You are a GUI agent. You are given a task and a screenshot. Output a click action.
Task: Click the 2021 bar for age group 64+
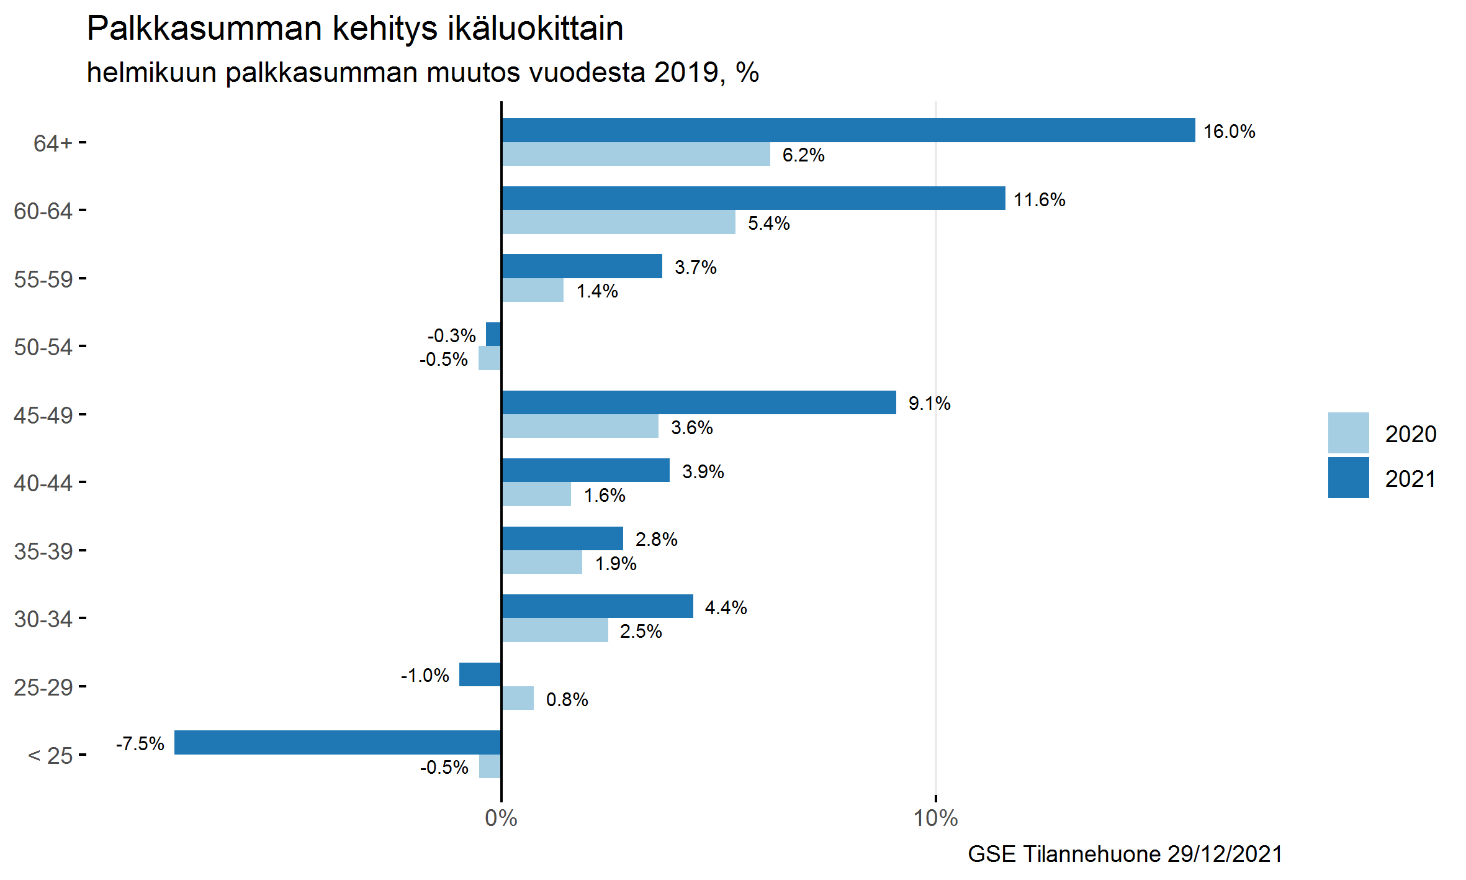tap(848, 130)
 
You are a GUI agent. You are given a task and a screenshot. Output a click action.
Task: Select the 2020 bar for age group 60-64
tap(618, 222)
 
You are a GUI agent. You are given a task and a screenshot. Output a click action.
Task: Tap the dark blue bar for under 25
tap(338, 743)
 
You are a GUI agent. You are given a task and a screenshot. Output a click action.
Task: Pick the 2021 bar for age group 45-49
tap(699, 402)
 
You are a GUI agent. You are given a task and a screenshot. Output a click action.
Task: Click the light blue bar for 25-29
tap(518, 699)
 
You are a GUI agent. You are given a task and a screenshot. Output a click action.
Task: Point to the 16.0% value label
tap(1229, 132)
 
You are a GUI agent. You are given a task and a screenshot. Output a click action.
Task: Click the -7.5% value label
tap(140, 744)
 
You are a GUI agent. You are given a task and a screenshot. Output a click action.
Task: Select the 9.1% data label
tap(929, 404)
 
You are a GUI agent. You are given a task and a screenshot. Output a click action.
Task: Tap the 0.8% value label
tap(567, 700)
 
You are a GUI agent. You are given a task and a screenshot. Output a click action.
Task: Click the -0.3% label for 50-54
tap(451, 336)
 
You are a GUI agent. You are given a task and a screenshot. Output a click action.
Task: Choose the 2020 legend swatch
tap(1348, 433)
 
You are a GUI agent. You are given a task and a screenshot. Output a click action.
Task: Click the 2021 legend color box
tap(1348, 478)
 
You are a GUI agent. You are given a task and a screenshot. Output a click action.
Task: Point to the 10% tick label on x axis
tap(935, 819)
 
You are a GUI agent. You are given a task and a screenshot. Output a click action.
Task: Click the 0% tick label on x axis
tap(501, 819)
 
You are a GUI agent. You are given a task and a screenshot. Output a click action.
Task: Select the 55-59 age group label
tap(43, 279)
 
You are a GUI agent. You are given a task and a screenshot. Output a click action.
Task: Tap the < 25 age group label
tap(51, 756)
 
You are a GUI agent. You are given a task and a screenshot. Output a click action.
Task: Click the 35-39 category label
tap(43, 551)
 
